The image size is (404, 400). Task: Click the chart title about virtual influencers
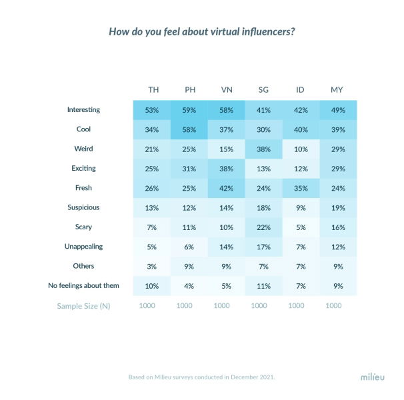click(202, 31)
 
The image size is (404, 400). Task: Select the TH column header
click(153, 90)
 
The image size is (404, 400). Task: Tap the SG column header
click(263, 90)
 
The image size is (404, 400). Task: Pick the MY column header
click(337, 90)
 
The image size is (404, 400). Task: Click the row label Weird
click(84, 148)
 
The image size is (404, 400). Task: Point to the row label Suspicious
click(84, 207)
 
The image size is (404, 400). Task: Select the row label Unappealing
click(84, 246)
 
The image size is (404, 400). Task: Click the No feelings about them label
click(84, 285)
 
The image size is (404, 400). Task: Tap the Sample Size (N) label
click(84, 305)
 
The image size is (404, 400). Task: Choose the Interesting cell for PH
click(189, 109)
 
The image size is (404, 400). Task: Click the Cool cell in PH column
click(189, 129)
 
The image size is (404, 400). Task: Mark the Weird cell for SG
click(263, 149)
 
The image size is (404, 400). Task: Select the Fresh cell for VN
click(227, 187)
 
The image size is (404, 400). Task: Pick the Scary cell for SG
click(263, 227)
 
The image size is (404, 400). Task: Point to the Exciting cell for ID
click(301, 168)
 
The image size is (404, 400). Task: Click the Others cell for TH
click(153, 266)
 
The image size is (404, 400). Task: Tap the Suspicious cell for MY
click(337, 207)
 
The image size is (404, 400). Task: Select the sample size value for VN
click(227, 305)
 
